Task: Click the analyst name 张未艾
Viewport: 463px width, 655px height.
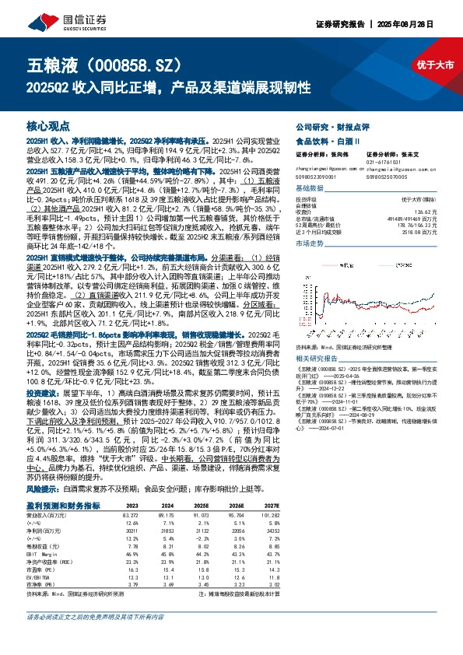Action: (x=417, y=155)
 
